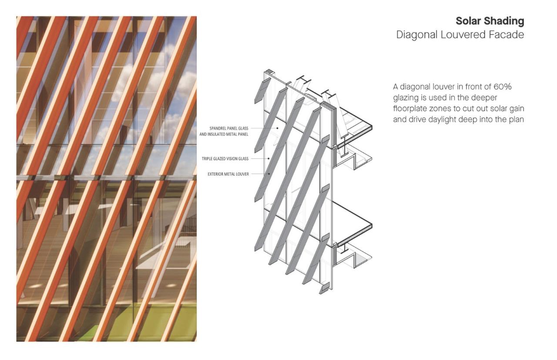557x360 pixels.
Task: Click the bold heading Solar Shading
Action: [490, 21]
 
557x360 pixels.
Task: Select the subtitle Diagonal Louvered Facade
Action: [460, 35]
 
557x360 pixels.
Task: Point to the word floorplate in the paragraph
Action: [412, 109]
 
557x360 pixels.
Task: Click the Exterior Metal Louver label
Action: [228, 174]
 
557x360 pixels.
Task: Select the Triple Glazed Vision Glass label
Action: [225, 159]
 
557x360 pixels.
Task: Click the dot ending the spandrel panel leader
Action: [278, 128]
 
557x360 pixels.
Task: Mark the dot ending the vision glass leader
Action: [268, 158]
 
